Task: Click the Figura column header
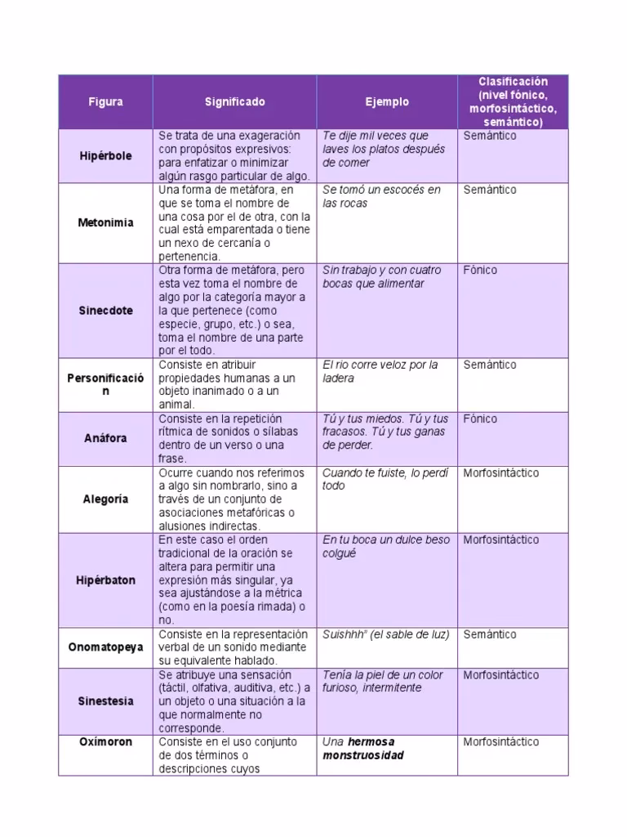[x=105, y=102]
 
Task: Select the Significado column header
[x=234, y=102]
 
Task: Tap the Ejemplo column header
[x=387, y=102]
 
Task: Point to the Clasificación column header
[x=513, y=102]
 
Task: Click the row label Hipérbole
[x=105, y=155]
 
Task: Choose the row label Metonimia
[x=105, y=222]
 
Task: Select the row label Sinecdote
[x=105, y=311]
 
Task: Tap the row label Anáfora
[x=105, y=438]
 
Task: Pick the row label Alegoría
[x=105, y=499]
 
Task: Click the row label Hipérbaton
[x=105, y=580]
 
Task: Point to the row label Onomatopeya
[x=105, y=647]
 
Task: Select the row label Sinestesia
[x=105, y=700]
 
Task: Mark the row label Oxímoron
[x=105, y=742]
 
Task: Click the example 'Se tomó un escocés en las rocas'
[x=381, y=196]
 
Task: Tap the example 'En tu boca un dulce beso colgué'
[x=385, y=546]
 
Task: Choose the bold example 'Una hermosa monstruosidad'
[x=362, y=749]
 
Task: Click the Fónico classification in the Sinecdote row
[x=480, y=270]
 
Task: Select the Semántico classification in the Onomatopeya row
[x=490, y=634]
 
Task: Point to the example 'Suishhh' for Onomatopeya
[x=385, y=634]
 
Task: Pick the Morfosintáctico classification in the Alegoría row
[x=501, y=472]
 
